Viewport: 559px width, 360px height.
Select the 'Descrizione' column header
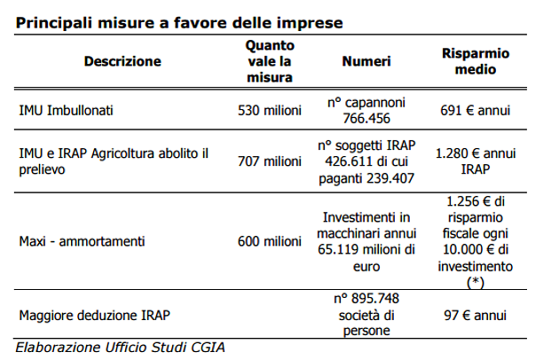(x=122, y=61)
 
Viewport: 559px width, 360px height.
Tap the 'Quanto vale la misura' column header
(x=270, y=61)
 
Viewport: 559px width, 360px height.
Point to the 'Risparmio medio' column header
(x=475, y=61)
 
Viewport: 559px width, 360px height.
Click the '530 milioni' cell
(x=270, y=111)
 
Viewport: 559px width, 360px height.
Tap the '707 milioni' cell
(x=270, y=160)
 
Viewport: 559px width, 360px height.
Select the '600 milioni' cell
(x=270, y=241)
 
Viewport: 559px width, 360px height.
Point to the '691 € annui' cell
(x=475, y=111)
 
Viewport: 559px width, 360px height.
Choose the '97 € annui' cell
(x=475, y=315)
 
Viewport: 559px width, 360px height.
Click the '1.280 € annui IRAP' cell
(x=475, y=160)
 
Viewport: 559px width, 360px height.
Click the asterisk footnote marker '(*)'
(x=475, y=282)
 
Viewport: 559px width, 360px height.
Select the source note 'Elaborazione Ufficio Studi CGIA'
(x=120, y=346)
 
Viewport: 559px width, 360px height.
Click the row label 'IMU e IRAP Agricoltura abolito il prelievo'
(x=114, y=160)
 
